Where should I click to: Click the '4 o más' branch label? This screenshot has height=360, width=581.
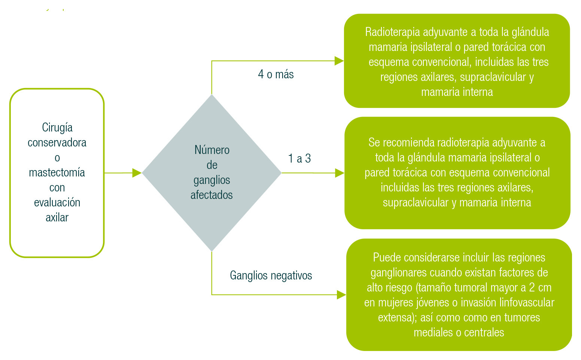pos(276,74)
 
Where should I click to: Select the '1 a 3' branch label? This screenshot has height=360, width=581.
pos(299,158)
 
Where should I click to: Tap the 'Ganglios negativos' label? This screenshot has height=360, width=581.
pos(271,275)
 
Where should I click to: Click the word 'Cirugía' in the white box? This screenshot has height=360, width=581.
pos(57,128)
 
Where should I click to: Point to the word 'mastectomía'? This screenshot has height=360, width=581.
pos(57,173)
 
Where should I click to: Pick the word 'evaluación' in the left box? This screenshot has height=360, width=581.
pos(57,203)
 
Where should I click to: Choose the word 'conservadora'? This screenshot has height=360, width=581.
pos(57,143)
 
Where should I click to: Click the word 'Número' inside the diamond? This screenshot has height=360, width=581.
pos(212,150)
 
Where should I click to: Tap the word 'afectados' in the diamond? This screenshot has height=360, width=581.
pos(212,195)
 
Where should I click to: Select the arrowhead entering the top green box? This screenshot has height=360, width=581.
pos(339,61)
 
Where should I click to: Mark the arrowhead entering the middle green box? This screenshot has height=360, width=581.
pos(340,173)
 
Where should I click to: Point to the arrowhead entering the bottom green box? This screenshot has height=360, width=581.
pos(341,295)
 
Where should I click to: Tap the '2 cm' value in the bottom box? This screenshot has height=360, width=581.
pos(540,288)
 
